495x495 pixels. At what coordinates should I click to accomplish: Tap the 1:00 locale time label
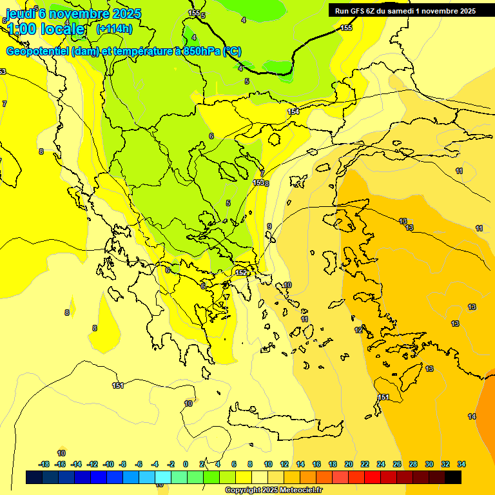click(x=46, y=29)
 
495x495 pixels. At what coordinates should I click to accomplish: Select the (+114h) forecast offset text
click(x=114, y=28)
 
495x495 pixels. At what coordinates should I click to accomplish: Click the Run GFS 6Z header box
click(x=405, y=10)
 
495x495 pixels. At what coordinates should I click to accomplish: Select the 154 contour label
click(x=293, y=112)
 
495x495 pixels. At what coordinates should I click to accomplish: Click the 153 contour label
click(x=258, y=183)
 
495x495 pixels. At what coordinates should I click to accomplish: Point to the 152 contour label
click(x=241, y=273)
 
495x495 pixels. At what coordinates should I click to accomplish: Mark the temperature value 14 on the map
click(x=472, y=416)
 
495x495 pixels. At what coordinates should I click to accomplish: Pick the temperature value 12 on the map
click(x=358, y=330)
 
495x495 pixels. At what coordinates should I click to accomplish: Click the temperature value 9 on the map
click(x=269, y=226)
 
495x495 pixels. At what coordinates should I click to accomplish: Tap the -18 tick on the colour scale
click(x=44, y=464)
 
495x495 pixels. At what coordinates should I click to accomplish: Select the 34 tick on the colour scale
click(x=461, y=464)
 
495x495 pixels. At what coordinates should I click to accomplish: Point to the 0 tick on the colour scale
click(x=186, y=464)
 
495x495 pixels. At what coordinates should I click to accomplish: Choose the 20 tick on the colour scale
click(x=349, y=464)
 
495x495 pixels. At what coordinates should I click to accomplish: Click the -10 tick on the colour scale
click(x=108, y=464)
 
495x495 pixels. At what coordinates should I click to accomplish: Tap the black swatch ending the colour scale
click(x=453, y=477)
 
